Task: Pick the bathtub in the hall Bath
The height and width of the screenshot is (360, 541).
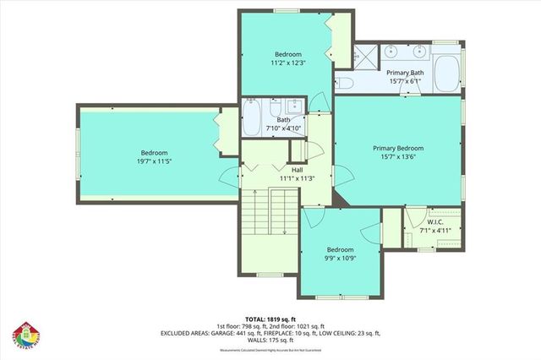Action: point(253,117)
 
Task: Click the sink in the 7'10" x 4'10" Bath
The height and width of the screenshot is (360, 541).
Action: point(293,107)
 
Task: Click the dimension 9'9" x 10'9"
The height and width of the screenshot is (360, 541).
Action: point(340,259)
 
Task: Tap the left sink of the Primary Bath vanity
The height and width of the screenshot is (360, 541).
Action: point(391,52)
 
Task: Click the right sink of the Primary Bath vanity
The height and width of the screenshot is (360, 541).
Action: point(417,52)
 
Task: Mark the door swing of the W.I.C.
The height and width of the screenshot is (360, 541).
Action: point(413,225)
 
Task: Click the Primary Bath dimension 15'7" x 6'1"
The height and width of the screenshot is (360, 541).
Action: point(406,82)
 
